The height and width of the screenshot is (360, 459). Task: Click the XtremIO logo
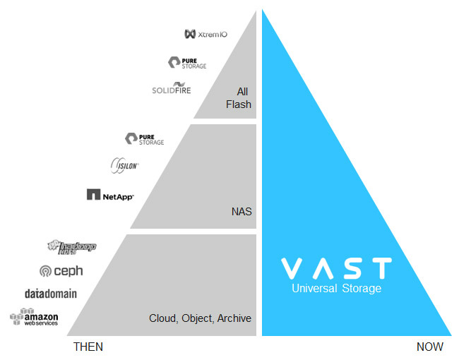[x=205, y=33]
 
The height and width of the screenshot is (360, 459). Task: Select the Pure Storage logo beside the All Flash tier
[x=187, y=63]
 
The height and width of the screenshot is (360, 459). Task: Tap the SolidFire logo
[x=172, y=89]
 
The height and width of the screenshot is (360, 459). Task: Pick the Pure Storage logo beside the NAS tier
[x=144, y=138]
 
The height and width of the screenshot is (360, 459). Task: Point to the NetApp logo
[x=110, y=194]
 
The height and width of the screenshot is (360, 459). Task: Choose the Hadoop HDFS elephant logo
[x=71, y=246]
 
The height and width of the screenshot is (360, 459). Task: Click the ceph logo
[x=62, y=270]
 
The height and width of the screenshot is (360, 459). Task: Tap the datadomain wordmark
[x=51, y=294]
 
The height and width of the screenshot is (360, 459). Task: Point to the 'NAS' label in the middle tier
[x=242, y=210]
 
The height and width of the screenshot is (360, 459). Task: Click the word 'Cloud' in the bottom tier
[x=162, y=318]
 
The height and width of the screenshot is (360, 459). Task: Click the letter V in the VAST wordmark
[x=293, y=268]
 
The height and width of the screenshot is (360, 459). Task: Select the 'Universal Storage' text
[x=337, y=289]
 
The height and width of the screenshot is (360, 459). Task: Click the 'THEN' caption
[x=88, y=347]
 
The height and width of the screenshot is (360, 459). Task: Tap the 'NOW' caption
[x=429, y=347]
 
